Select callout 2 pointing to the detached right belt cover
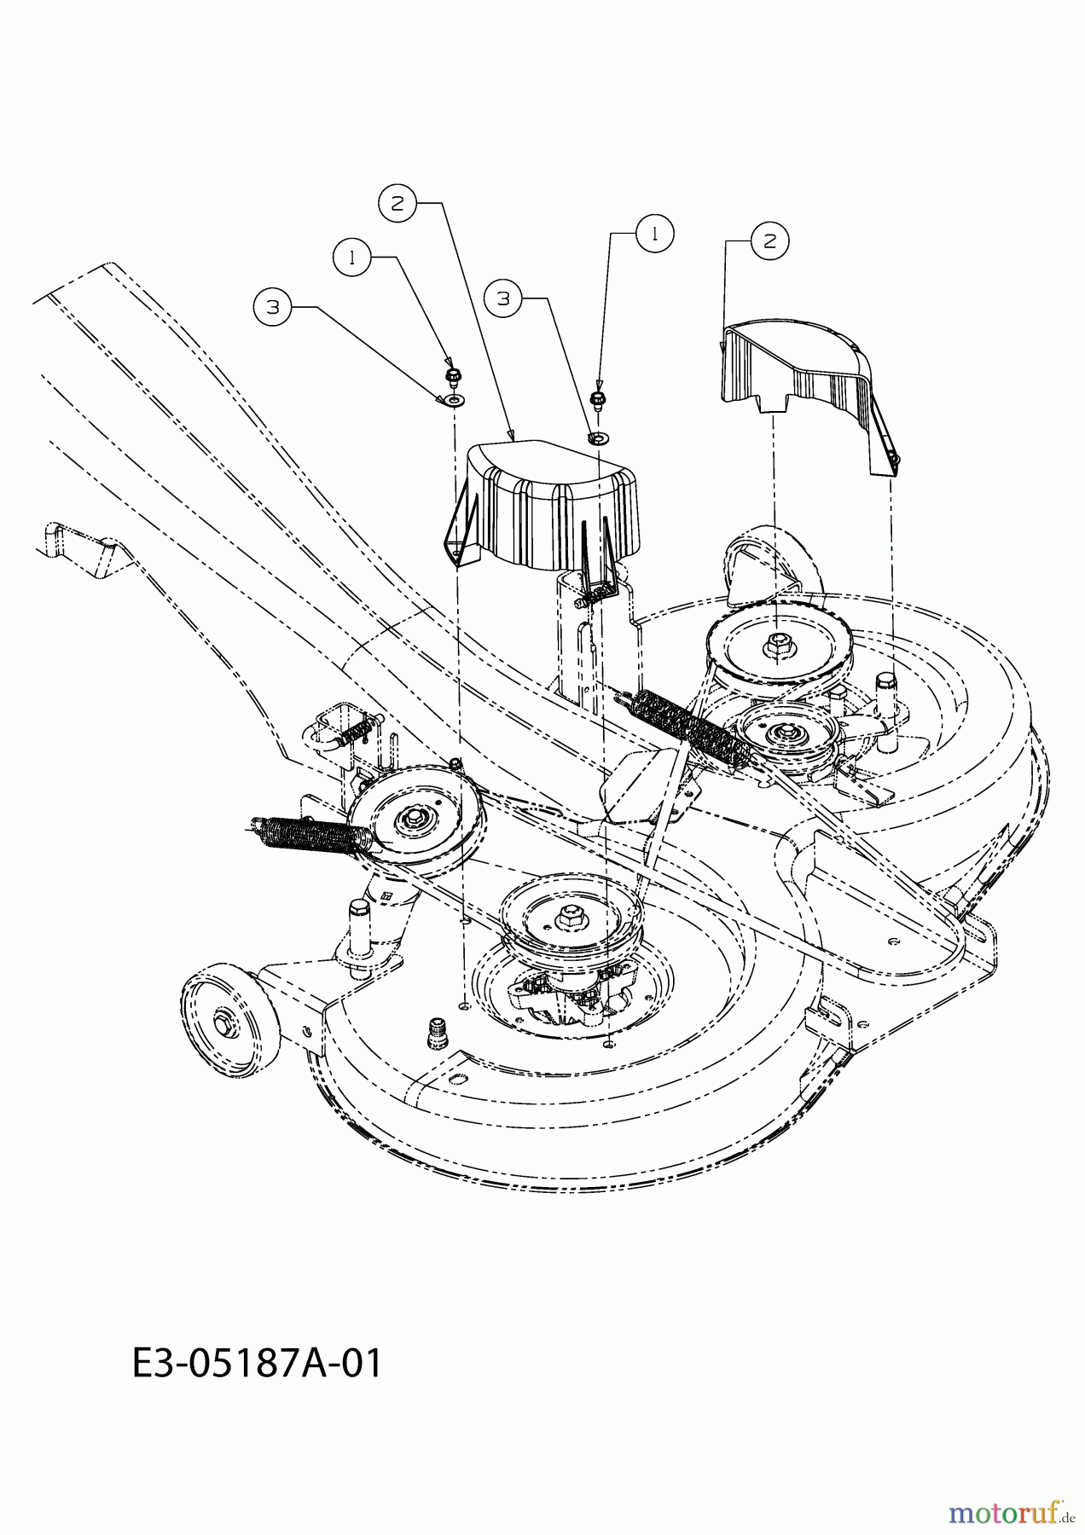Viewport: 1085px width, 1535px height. (x=769, y=241)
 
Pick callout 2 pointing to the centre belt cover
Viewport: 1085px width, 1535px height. (x=397, y=203)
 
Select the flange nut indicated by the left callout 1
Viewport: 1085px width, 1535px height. (x=452, y=374)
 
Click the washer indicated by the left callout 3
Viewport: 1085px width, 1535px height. (x=452, y=399)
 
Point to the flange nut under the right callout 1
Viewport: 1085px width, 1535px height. (x=597, y=397)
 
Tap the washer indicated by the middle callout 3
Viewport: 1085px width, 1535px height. (x=597, y=437)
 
